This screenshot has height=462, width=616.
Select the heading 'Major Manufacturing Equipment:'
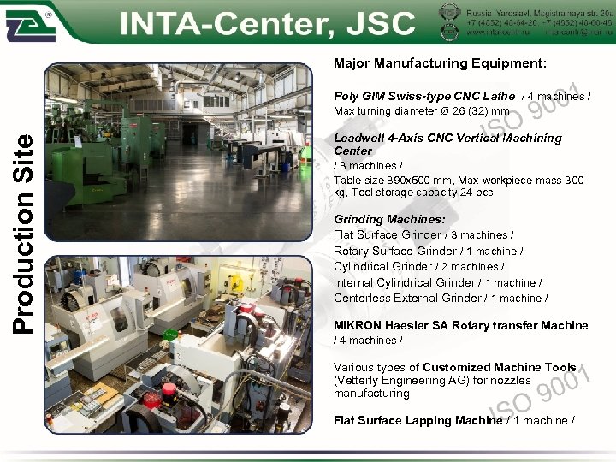tap(440, 63)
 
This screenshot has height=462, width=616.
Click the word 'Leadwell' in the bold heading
tap(358, 138)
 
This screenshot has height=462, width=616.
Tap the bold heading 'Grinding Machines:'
tap(389, 220)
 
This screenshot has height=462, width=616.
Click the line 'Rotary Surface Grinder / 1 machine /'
tap(428, 252)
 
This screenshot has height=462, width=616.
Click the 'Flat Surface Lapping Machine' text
tap(418, 421)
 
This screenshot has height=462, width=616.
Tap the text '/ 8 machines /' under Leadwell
tap(365, 166)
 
